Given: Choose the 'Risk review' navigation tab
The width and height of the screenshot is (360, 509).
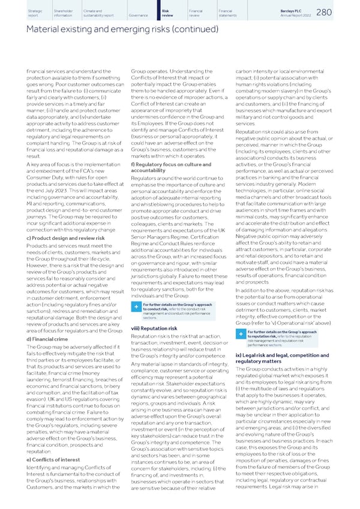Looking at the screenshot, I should point(170,13).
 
